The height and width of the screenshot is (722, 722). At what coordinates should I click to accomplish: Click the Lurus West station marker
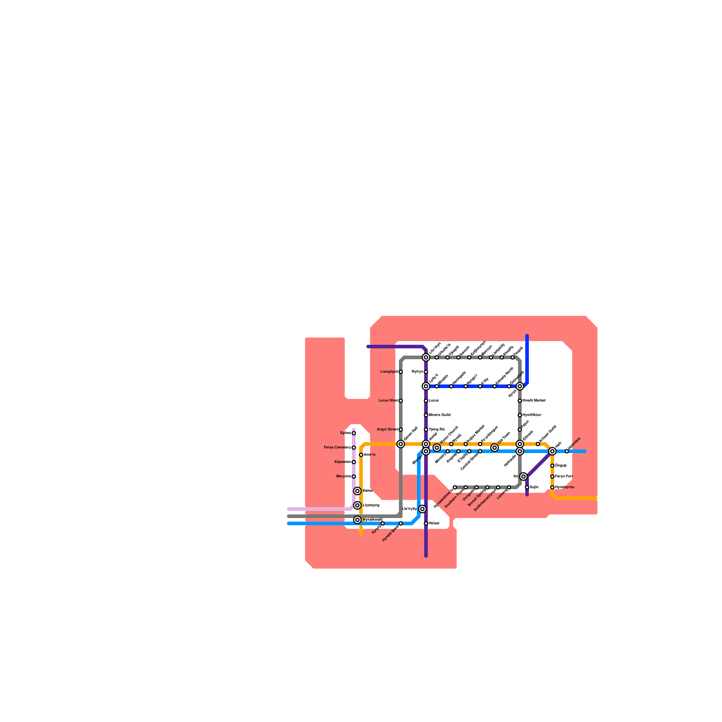coord(401,401)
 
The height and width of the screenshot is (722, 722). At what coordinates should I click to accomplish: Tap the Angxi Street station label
coord(387,430)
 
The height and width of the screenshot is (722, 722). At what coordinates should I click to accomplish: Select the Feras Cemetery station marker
coord(354,448)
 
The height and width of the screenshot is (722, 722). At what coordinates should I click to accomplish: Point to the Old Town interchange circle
coord(495,448)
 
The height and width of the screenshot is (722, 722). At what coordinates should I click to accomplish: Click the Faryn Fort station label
coord(564,477)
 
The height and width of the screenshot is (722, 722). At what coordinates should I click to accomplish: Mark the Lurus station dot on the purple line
coord(426,401)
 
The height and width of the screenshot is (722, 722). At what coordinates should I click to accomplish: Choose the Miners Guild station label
coord(439,415)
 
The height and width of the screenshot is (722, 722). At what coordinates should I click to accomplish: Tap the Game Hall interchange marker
coord(401,444)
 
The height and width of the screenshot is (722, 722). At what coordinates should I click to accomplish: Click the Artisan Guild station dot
coord(538,444)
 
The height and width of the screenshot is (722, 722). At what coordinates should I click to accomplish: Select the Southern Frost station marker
coord(466,487)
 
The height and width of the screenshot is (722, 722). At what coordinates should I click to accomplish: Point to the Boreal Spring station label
coord(477,498)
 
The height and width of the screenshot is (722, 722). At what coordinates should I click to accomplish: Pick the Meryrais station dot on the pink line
coord(354,477)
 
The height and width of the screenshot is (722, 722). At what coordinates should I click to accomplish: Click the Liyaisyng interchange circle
coord(357,505)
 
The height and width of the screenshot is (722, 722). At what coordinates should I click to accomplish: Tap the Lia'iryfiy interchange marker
coord(422,509)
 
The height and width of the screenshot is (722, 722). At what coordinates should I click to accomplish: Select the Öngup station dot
coord(552,466)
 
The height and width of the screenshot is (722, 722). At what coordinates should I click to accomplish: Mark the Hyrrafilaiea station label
coord(535,415)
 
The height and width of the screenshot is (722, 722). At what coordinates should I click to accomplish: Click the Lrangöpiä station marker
coord(401,372)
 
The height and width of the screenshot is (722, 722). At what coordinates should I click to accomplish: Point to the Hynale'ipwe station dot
coord(401,523)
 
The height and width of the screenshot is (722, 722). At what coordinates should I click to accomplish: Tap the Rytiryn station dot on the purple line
coord(426,372)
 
